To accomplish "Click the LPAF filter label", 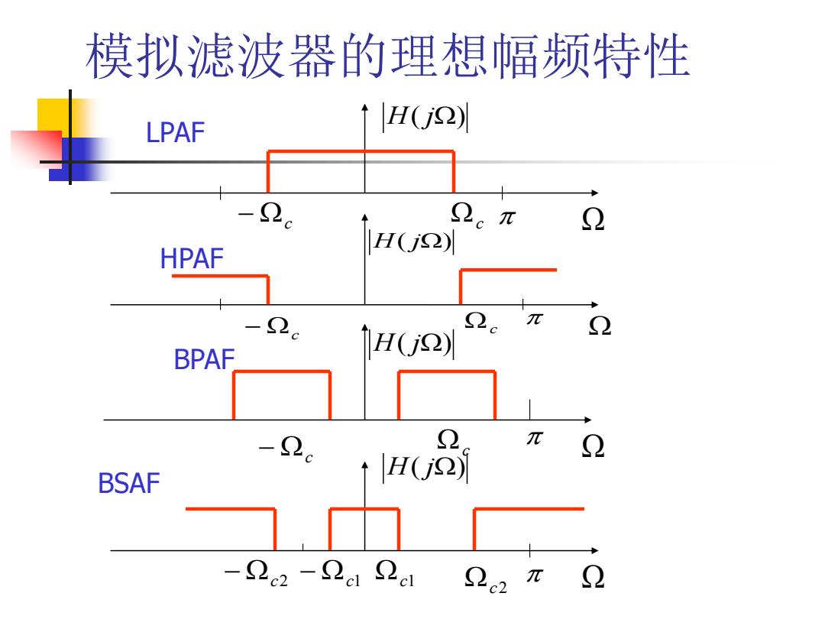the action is (175, 132).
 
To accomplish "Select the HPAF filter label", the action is (192, 258).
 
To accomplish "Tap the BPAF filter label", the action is (204, 360).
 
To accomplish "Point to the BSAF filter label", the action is (129, 483).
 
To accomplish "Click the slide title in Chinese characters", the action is (388, 56).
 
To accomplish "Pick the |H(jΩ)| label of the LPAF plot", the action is (425, 118).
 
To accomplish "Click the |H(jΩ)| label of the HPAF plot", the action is (412, 241).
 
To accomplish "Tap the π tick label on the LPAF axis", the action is (507, 217).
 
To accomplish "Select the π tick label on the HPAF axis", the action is (535, 318).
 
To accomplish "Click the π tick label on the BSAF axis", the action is (535, 575).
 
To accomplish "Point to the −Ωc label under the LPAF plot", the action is (265, 215).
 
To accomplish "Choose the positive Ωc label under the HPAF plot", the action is (481, 322).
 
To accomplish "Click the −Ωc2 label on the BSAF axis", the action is (256, 572).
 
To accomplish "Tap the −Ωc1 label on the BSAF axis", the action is (330, 572).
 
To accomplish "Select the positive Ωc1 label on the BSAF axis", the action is (395, 572).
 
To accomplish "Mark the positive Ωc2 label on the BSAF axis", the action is (486, 579).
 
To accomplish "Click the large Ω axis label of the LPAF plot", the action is (593, 219).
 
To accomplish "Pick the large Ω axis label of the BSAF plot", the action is (593, 577).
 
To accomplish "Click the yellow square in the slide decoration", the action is (53, 116).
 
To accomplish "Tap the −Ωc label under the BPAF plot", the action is (286, 449).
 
